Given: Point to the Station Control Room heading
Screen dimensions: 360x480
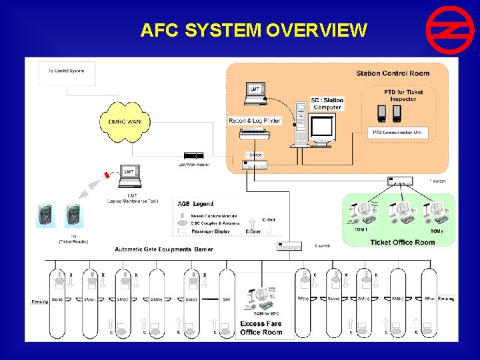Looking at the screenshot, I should point(392,73).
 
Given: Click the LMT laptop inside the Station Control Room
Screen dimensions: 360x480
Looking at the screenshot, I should point(255,94).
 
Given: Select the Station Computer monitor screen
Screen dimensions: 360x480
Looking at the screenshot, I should point(323,126).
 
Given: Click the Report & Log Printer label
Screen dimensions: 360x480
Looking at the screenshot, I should point(255,121).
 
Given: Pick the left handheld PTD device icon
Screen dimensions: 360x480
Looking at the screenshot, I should point(382,113).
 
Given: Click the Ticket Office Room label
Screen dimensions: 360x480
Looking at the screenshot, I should point(402,242).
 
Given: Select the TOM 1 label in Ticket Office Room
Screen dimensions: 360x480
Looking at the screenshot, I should point(360,230).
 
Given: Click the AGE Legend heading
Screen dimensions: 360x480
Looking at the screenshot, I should point(195,203).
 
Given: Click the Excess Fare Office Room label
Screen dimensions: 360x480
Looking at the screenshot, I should point(261,328).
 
